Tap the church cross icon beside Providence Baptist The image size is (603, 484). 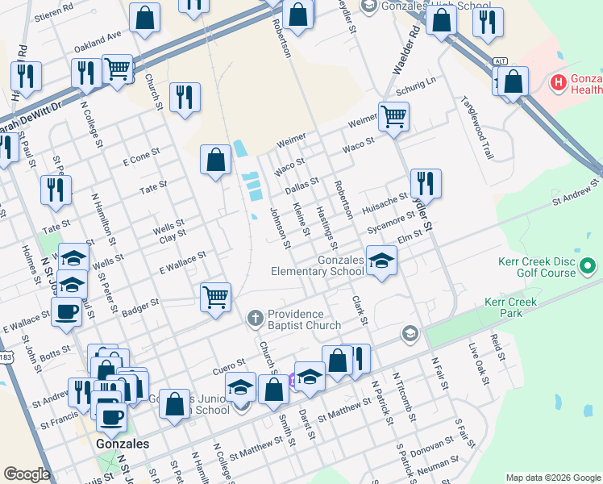pyautogui.click(x=256, y=316)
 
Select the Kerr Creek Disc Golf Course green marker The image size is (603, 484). pyautogui.click(x=588, y=265)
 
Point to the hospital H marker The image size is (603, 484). pyautogui.click(x=556, y=81)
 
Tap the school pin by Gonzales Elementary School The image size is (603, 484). pyautogui.click(x=381, y=260)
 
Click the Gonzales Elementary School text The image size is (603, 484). pyautogui.click(x=317, y=266)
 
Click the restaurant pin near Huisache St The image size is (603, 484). pyautogui.click(x=425, y=182)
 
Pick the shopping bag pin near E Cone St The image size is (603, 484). pyautogui.click(x=216, y=159)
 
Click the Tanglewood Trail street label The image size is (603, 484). pyautogui.click(x=476, y=122)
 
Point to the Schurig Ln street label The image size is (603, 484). pyautogui.click(x=418, y=83)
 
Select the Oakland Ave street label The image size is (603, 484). pyautogui.click(x=97, y=41)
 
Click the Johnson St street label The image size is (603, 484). pyautogui.click(x=280, y=223)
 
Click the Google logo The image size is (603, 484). pyautogui.click(x=27, y=474)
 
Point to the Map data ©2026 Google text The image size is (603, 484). pyautogui.click(x=552, y=478)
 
